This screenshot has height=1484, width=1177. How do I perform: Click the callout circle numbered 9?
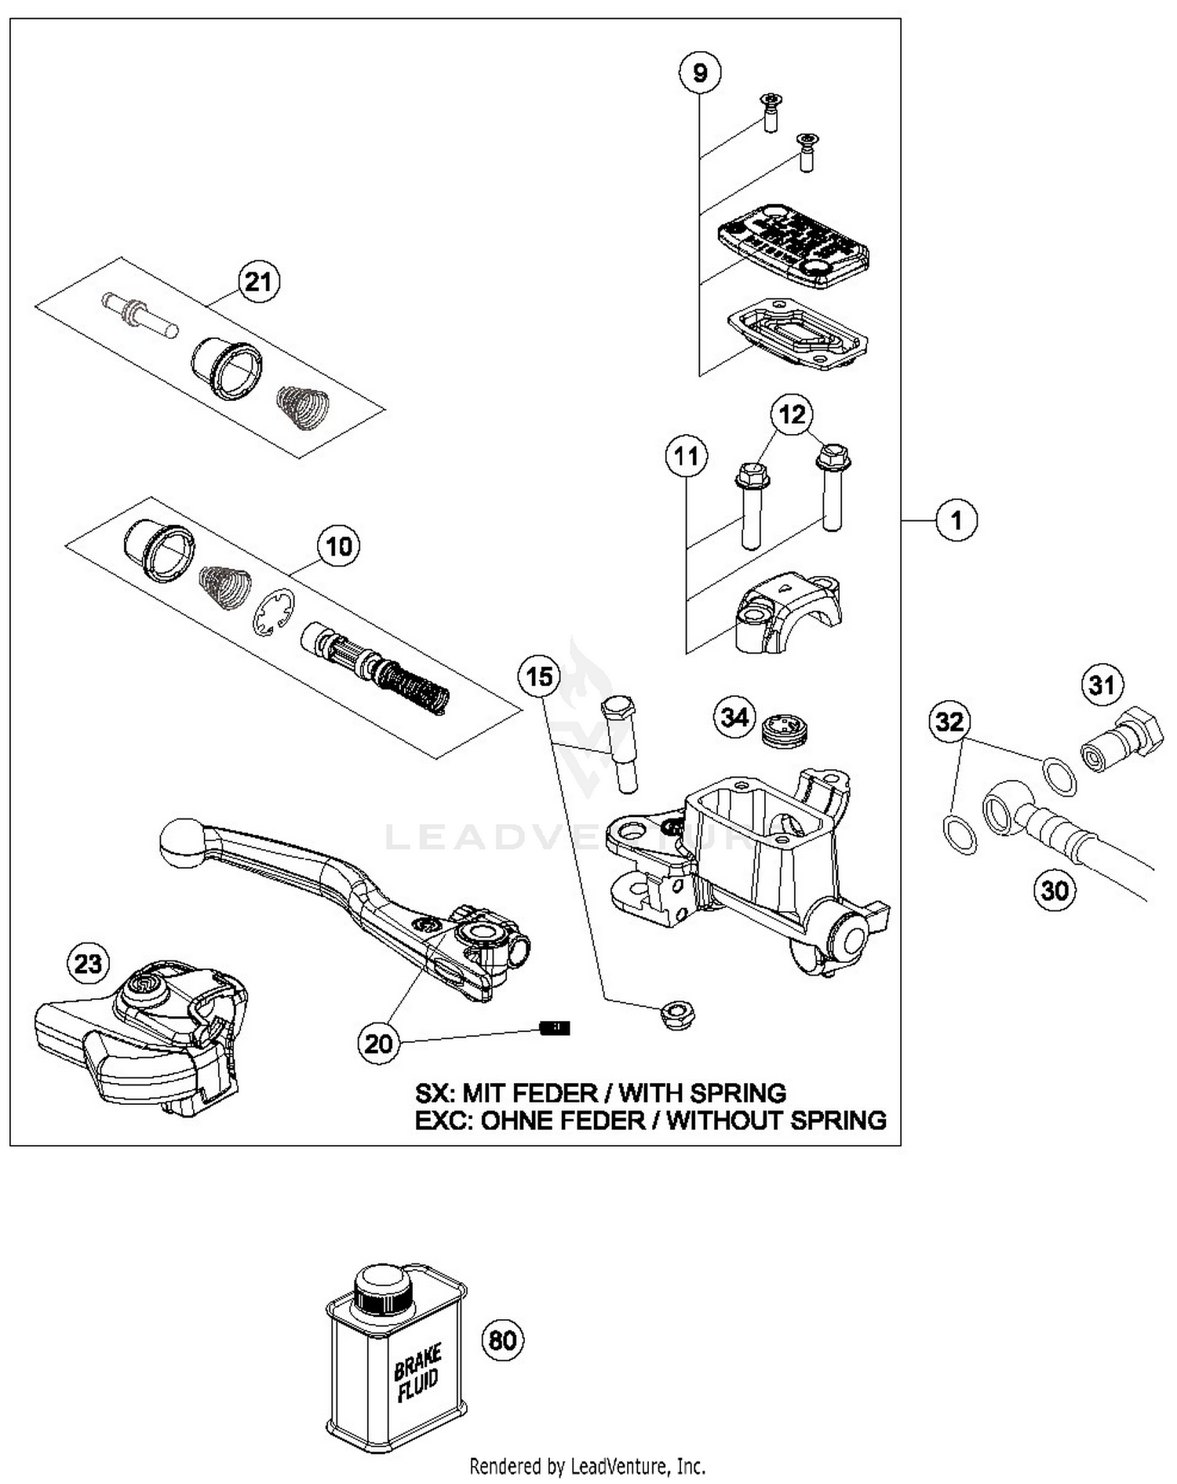click(x=699, y=73)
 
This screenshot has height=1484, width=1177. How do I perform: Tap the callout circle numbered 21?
click(x=258, y=281)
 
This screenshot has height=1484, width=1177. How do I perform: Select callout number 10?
click(x=339, y=546)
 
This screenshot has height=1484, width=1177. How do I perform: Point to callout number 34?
click(x=734, y=716)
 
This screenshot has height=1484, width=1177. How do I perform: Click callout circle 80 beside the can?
click(x=502, y=1340)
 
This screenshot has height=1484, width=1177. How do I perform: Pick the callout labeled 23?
click(x=88, y=963)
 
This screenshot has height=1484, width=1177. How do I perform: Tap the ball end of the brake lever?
click(x=182, y=843)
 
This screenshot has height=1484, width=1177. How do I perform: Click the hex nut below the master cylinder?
click(x=678, y=1015)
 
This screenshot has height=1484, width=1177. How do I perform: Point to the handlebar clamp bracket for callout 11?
click(x=787, y=613)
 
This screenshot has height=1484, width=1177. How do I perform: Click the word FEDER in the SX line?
click(x=553, y=1093)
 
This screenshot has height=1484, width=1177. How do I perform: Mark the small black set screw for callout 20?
click(x=556, y=1028)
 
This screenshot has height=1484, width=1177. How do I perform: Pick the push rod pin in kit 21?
click(x=140, y=315)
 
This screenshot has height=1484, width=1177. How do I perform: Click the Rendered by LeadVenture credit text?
click(x=587, y=1465)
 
